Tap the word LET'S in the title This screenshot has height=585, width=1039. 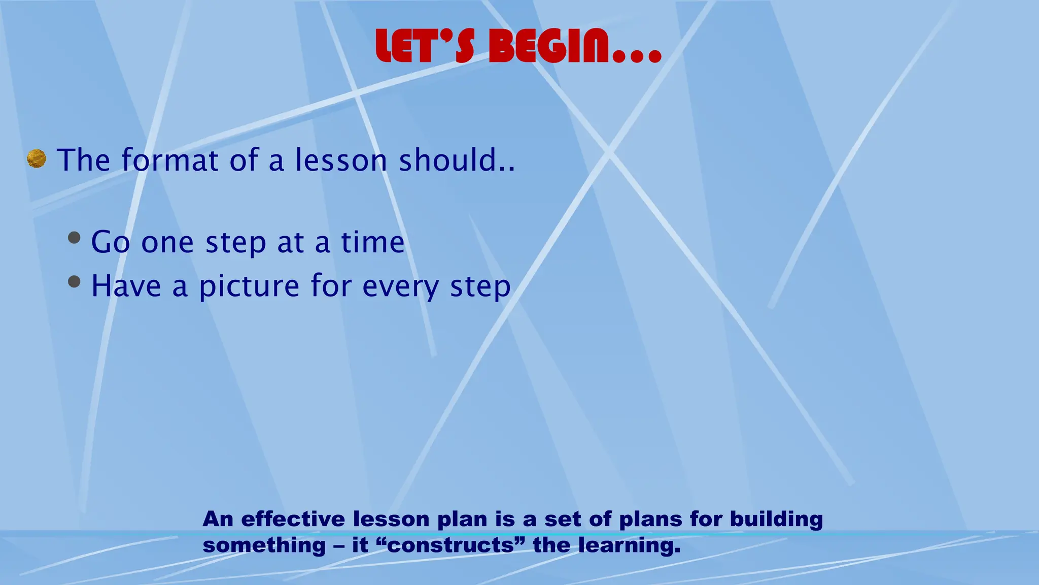point(425,47)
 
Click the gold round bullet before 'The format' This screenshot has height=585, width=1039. point(37,159)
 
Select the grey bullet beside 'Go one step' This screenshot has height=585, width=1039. point(74,238)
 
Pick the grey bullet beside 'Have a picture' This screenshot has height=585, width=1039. point(74,282)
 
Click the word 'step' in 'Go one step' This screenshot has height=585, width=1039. point(235,243)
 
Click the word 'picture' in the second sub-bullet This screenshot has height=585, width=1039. point(249,286)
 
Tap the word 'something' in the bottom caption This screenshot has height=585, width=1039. point(264,546)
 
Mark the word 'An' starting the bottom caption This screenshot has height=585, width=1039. point(218,519)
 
